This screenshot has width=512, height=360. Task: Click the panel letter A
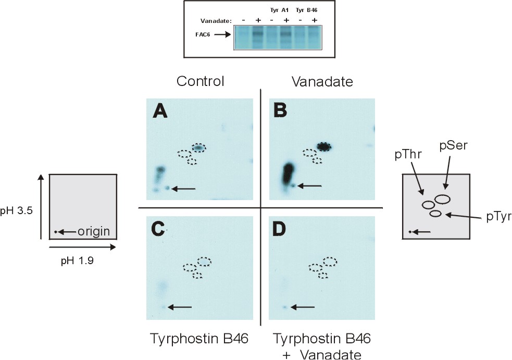point(160,110)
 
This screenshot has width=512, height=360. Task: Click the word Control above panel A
point(200,81)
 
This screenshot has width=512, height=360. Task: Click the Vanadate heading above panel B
point(321,81)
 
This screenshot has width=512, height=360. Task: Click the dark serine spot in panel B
point(324,146)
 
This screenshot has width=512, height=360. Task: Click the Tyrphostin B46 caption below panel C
point(199,339)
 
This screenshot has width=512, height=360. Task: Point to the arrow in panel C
point(180,307)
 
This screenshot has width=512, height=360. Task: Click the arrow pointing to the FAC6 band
point(222,35)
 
